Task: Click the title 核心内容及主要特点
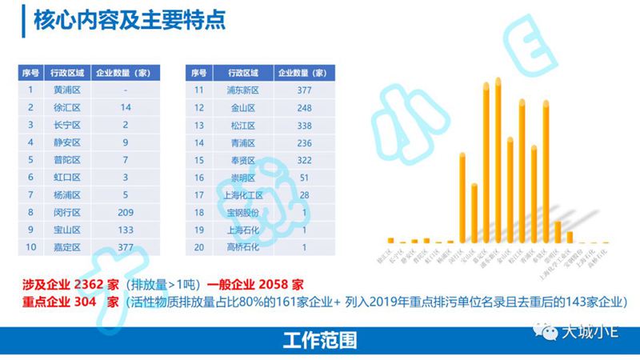click(x=128, y=19)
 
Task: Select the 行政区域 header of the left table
click(x=67, y=73)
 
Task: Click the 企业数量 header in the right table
click(x=303, y=73)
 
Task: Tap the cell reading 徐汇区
click(x=67, y=107)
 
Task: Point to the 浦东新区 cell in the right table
click(x=240, y=90)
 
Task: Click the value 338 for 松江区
click(x=303, y=125)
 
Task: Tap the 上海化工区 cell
click(x=240, y=194)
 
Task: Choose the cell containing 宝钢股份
click(x=240, y=212)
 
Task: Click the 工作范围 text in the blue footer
click(x=319, y=340)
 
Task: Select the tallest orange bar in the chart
click(x=498, y=160)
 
